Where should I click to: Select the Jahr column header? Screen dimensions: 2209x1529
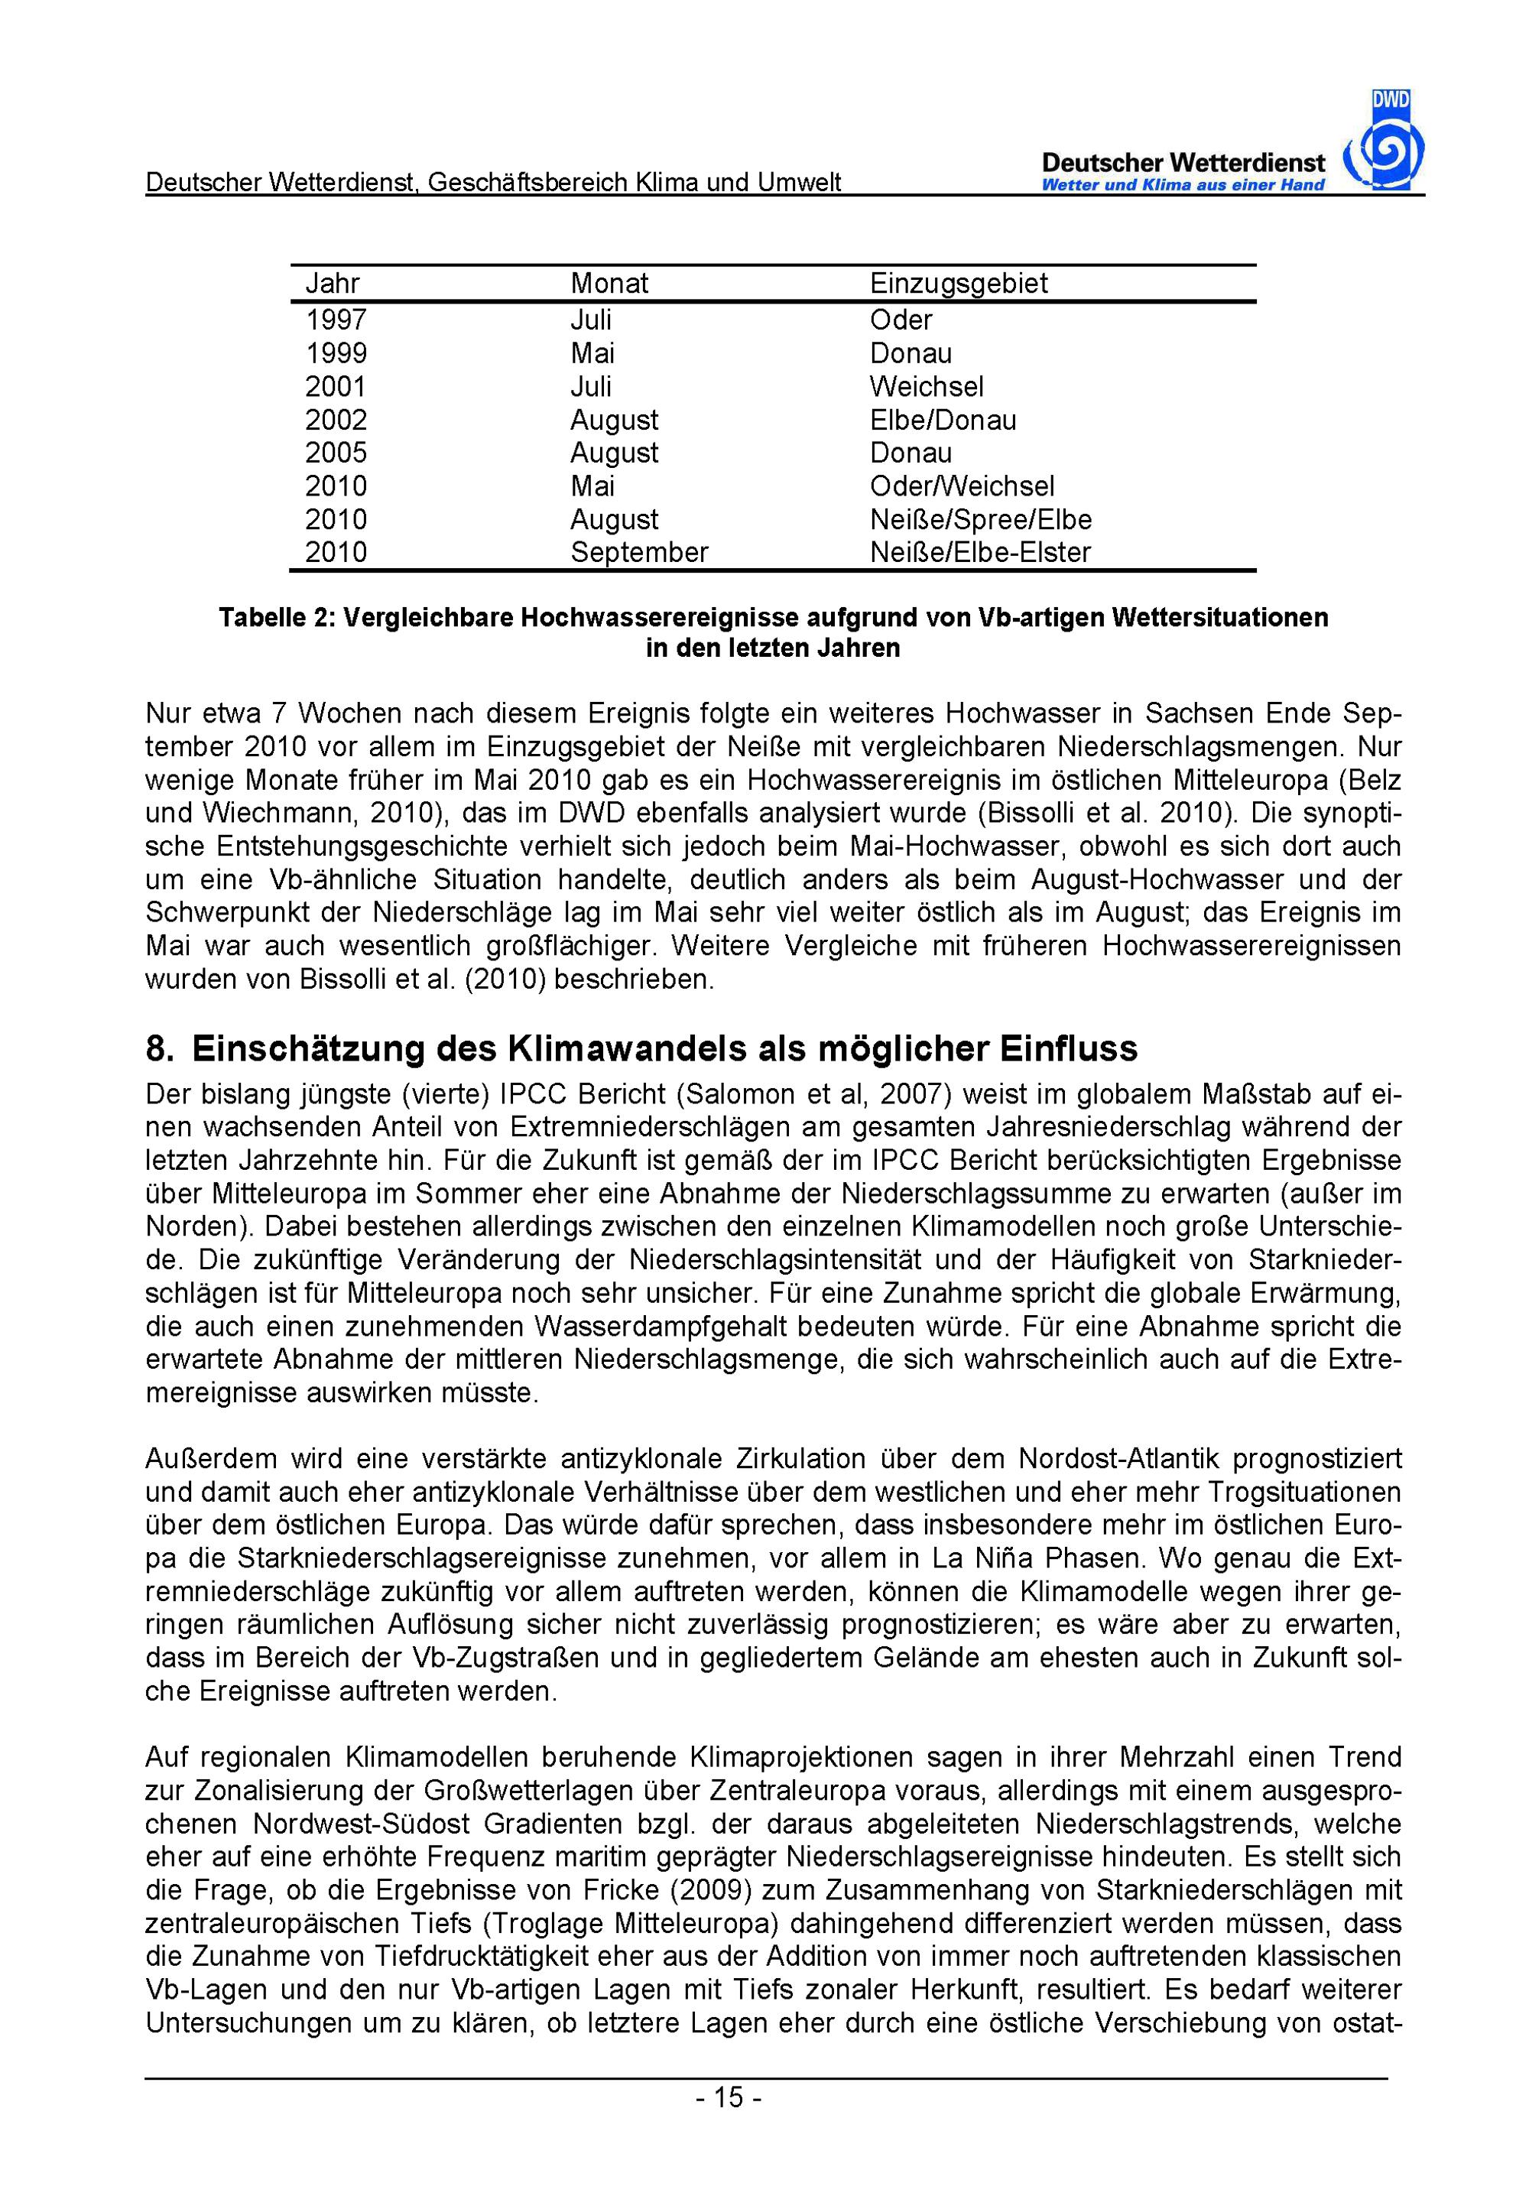point(333,284)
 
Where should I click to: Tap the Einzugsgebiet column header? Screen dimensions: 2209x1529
point(958,284)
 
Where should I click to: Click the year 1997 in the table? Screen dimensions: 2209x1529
point(336,320)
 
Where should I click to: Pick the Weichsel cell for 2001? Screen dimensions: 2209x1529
point(927,387)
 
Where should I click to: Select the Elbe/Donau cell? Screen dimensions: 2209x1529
point(943,421)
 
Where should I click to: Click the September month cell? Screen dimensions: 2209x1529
point(639,553)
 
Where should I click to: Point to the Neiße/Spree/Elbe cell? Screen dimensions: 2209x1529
point(980,520)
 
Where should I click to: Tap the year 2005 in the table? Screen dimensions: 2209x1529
point(336,453)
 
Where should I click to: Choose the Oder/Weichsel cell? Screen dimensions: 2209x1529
point(962,486)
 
